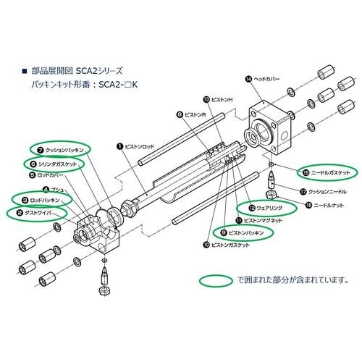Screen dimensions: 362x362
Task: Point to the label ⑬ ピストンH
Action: click(x=222, y=99)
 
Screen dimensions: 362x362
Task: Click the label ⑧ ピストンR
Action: click(x=193, y=114)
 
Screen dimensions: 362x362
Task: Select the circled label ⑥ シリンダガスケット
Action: click(x=58, y=164)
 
